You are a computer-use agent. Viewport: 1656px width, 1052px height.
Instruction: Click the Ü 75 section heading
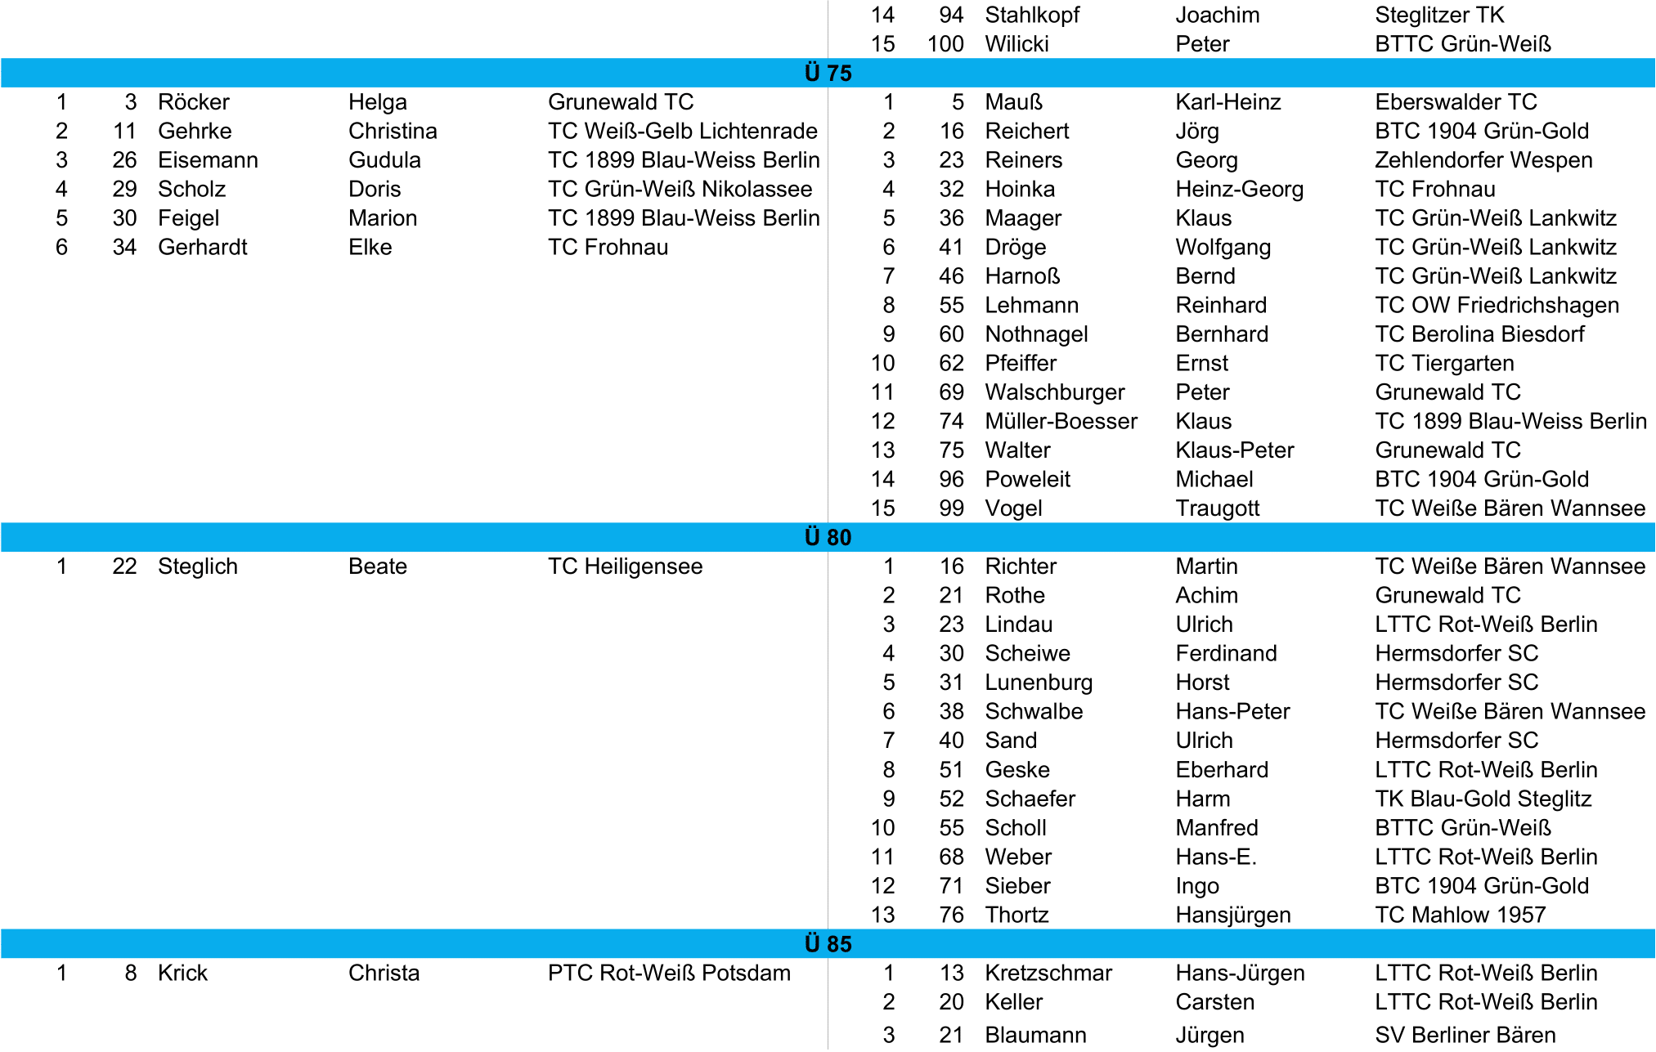pyautogui.click(x=828, y=74)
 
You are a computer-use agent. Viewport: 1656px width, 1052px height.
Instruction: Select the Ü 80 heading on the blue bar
pyautogui.click(x=828, y=538)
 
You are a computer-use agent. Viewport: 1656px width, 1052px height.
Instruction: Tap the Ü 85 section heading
pyautogui.click(x=828, y=944)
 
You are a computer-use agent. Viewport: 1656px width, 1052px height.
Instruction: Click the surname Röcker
pyautogui.click(x=193, y=102)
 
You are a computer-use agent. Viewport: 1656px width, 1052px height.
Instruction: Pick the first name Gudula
pyautogui.click(x=384, y=160)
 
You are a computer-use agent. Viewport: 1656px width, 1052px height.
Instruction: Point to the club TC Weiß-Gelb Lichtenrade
pyautogui.click(x=682, y=132)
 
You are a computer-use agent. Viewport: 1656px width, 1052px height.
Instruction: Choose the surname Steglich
pyautogui.click(x=197, y=566)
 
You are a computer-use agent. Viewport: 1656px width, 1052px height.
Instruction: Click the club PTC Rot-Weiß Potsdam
pyautogui.click(x=669, y=973)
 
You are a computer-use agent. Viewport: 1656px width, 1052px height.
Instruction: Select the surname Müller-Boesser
pyautogui.click(x=1061, y=422)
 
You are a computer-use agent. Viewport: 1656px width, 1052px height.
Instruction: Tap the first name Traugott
pyautogui.click(x=1217, y=508)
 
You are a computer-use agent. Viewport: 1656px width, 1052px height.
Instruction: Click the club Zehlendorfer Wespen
pyautogui.click(x=1483, y=160)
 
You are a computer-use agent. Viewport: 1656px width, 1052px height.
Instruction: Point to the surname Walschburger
pyautogui.click(x=1054, y=392)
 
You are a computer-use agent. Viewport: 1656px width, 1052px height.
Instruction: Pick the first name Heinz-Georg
pyautogui.click(x=1239, y=190)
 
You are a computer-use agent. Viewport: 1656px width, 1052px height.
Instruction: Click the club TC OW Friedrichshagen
pyautogui.click(x=1497, y=306)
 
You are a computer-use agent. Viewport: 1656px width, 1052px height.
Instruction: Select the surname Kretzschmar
pyautogui.click(x=1048, y=973)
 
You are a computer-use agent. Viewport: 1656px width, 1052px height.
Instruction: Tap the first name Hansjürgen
pyautogui.click(x=1232, y=915)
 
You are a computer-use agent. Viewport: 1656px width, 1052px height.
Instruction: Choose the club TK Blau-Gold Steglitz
pyautogui.click(x=1483, y=799)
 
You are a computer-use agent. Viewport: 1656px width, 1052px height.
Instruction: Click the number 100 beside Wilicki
pyautogui.click(x=945, y=44)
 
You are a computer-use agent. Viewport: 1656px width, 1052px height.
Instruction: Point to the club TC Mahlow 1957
pyautogui.click(x=1460, y=915)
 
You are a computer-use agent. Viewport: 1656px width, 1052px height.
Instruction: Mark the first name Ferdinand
pyautogui.click(x=1226, y=654)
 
